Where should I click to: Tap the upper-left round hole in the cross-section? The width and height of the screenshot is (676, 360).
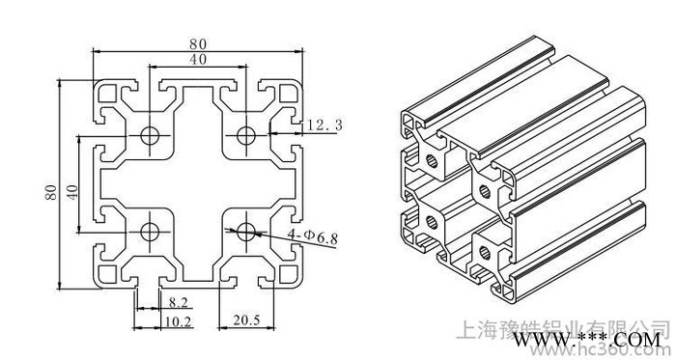151,134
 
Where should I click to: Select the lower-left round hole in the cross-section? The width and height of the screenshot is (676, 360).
151,231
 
